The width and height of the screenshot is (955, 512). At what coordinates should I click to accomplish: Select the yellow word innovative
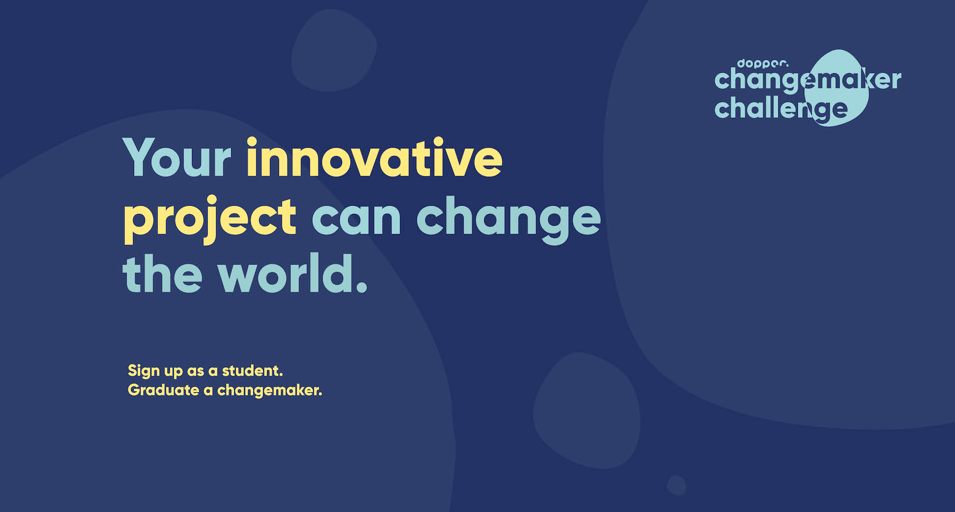(x=374, y=157)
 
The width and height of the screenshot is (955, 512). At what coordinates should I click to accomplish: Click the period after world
(x=361, y=287)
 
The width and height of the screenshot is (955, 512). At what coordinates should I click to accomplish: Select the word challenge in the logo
(x=781, y=109)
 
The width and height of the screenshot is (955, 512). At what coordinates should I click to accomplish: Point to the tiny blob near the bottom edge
(x=676, y=485)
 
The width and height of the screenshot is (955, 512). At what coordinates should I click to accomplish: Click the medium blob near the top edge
(x=334, y=50)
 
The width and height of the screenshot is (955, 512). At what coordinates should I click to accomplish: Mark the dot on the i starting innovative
(x=252, y=142)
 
